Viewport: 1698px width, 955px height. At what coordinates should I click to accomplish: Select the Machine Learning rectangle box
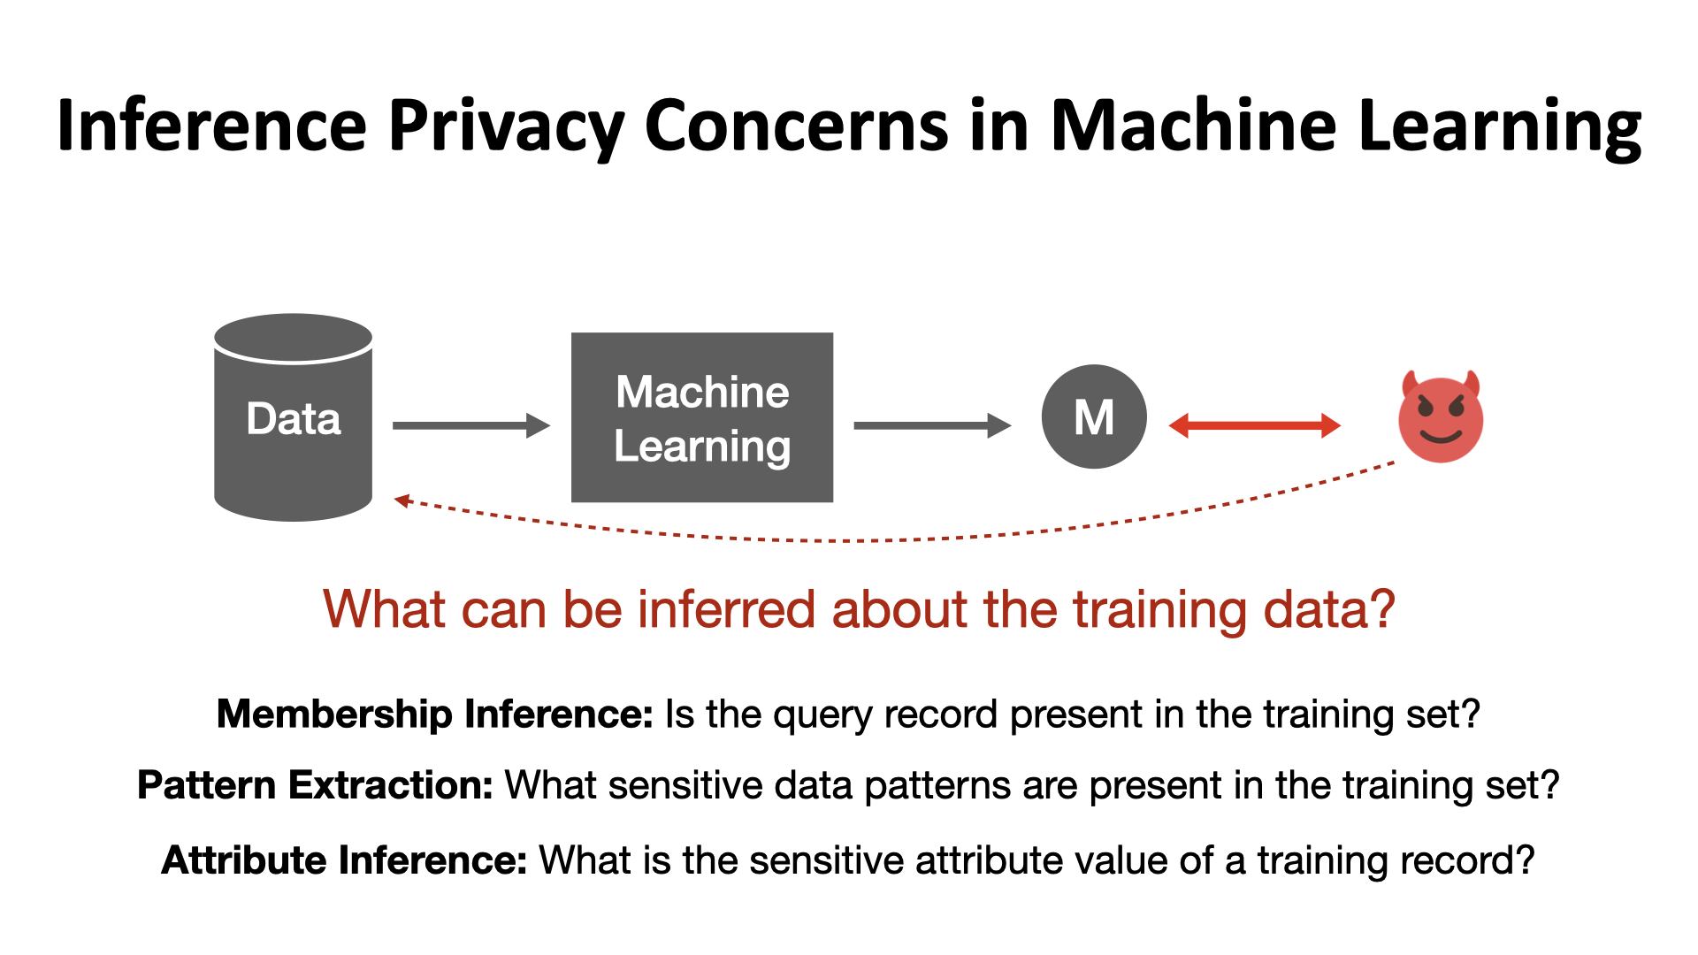click(702, 417)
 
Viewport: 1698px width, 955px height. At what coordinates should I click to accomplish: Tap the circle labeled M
click(1094, 416)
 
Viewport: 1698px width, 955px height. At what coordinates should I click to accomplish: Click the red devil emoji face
click(1441, 420)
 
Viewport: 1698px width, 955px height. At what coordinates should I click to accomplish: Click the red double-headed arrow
click(1254, 425)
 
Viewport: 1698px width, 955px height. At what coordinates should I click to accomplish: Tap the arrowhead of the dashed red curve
click(402, 500)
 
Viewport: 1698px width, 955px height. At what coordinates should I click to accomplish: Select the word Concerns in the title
click(796, 126)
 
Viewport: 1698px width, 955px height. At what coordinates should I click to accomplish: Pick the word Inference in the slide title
click(212, 126)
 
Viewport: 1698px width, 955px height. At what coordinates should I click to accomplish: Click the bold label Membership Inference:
click(434, 714)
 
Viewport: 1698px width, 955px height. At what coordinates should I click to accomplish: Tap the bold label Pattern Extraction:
click(315, 785)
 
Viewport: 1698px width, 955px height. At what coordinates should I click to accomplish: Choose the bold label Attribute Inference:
click(344, 859)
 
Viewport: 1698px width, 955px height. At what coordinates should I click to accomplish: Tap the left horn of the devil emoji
click(1410, 384)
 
